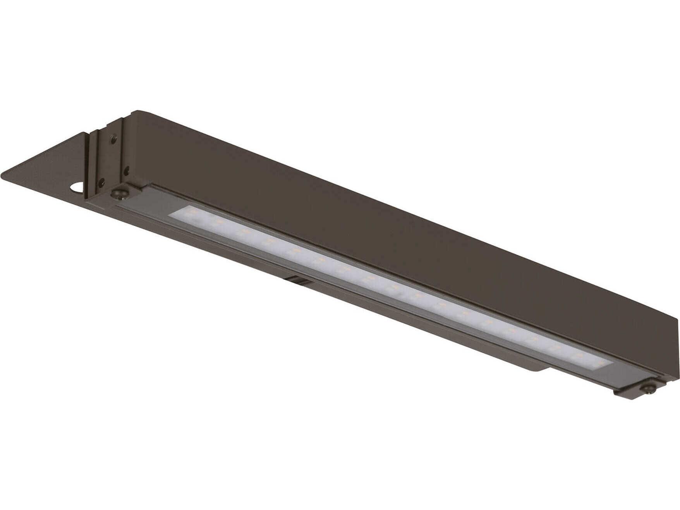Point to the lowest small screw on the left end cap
pyautogui.click(x=101, y=180)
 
